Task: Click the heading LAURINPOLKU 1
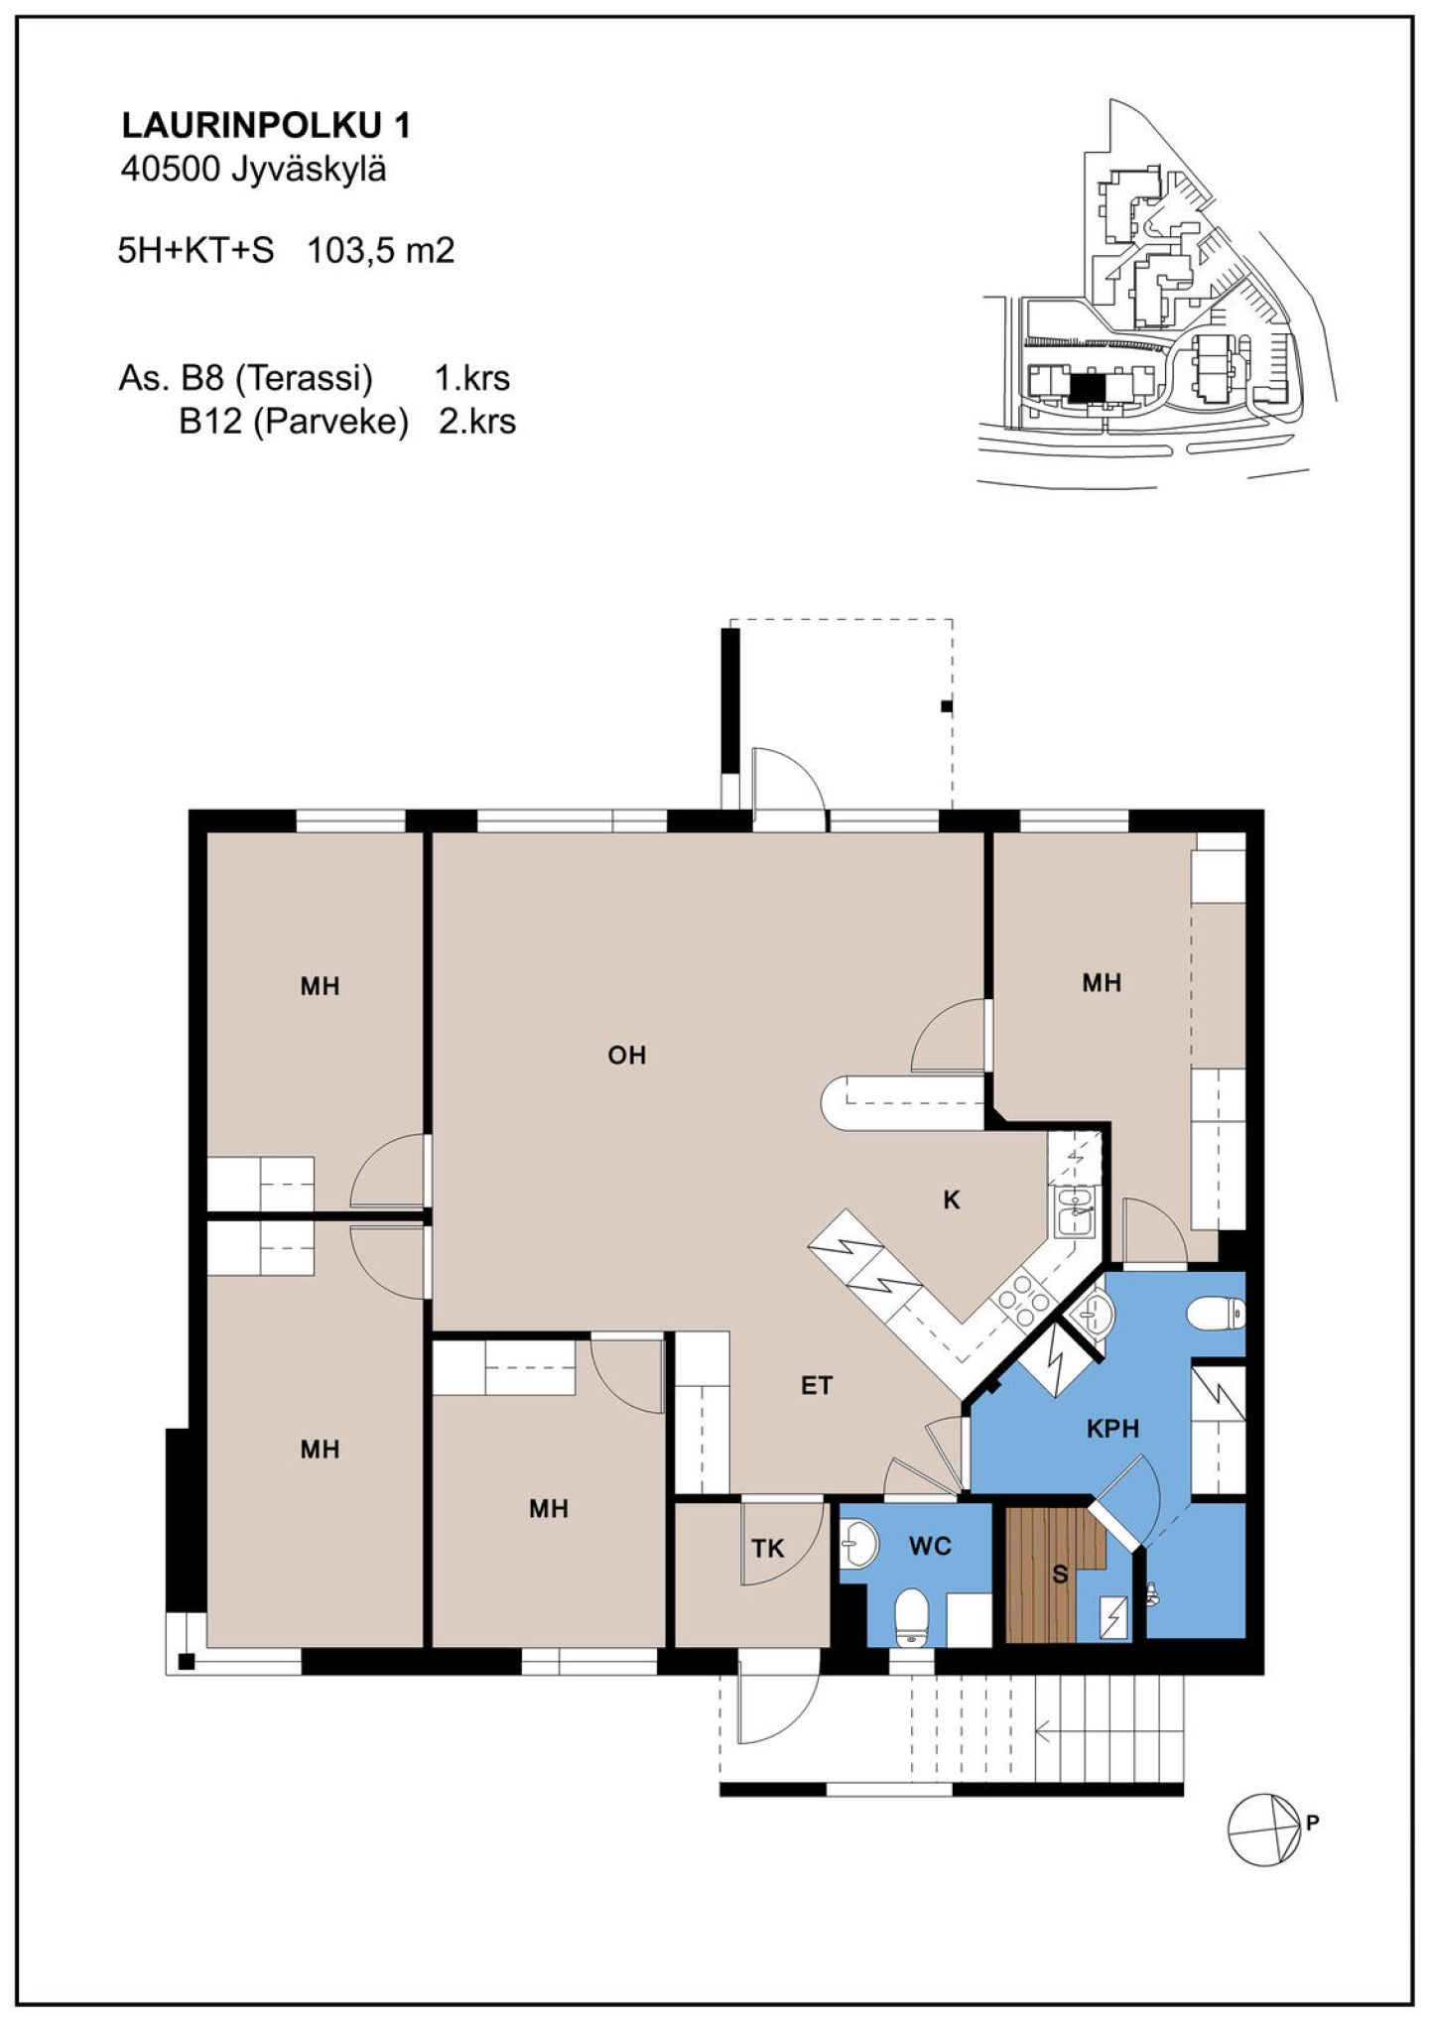tap(265, 126)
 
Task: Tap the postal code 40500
tap(170, 171)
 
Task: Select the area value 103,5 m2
tap(381, 250)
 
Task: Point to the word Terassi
tap(309, 378)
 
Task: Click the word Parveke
tap(331, 422)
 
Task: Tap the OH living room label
tap(627, 1055)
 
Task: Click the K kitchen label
tap(952, 1200)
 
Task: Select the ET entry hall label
tap(817, 1386)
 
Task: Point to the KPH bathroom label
tap(1112, 1429)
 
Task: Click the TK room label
tap(768, 1548)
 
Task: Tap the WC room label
tap(930, 1546)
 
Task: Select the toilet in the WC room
tap(910, 1619)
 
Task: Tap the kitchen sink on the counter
tap(1074, 1211)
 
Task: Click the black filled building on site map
tap(1086, 386)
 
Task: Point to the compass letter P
tap(1313, 1822)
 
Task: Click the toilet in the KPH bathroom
tap(1217, 1313)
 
